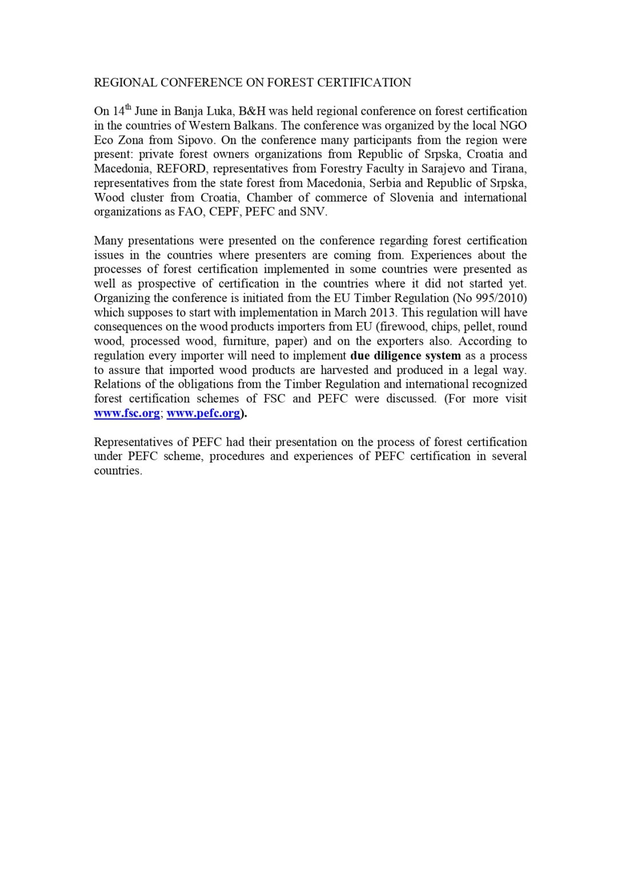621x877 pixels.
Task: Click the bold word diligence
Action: (398, 356)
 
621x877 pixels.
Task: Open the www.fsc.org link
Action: (127, 413)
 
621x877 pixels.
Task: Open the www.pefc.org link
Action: (203, 413)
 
